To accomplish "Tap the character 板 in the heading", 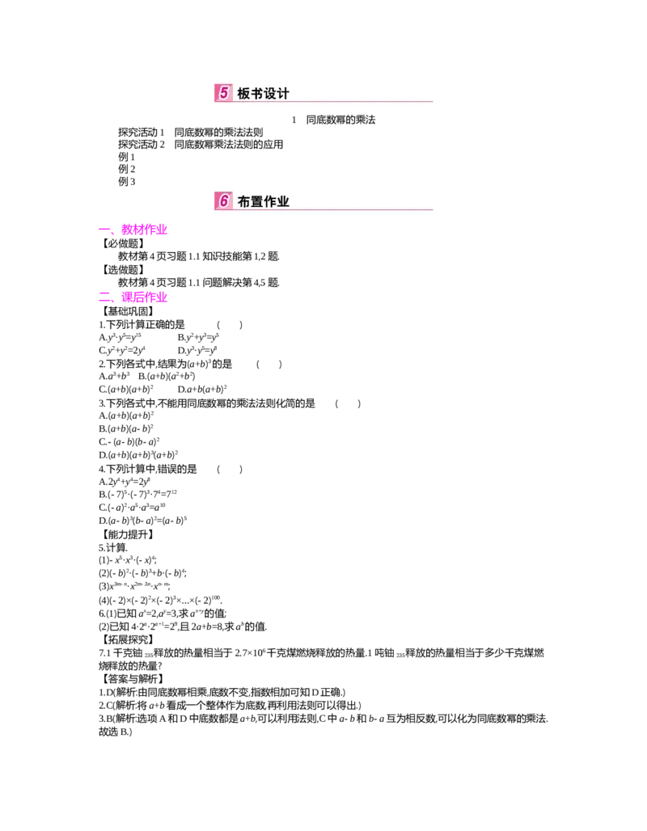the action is point(244,94).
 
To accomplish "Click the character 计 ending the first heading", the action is point(283,94).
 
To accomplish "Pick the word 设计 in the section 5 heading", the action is point(277,94).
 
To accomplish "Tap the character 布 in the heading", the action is point(244,202).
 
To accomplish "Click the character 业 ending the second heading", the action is point(283,202).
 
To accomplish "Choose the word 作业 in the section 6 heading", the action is point(277,202).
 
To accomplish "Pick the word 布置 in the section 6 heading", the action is point(251,202).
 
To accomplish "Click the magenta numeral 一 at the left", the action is point(104,230).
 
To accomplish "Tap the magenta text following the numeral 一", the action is point(144,230).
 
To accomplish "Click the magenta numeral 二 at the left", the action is point(104,297).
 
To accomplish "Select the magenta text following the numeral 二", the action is point(144,297).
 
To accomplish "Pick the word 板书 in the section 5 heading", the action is point(251,94).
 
